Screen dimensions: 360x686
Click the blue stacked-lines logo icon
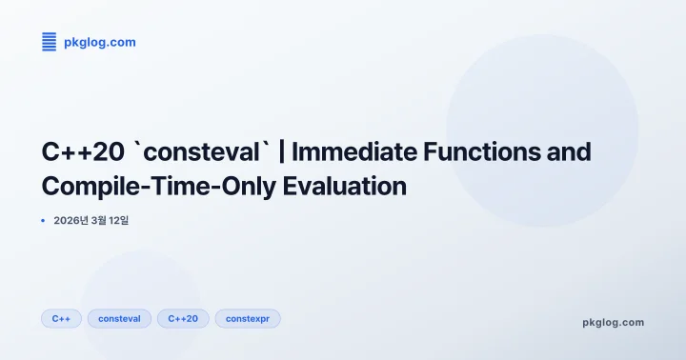(x=50, y=42)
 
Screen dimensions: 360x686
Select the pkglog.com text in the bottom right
(x=613, y=322)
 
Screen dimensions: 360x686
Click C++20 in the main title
(x=83, y=152)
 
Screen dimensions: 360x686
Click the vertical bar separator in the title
(x=283, y=152)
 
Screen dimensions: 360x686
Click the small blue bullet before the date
(x=44, y=221)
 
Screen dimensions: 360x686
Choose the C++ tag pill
(x=61, y=318)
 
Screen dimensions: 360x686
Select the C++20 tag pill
(x=183, y=318)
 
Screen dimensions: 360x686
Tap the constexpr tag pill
(x=247, y=318)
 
